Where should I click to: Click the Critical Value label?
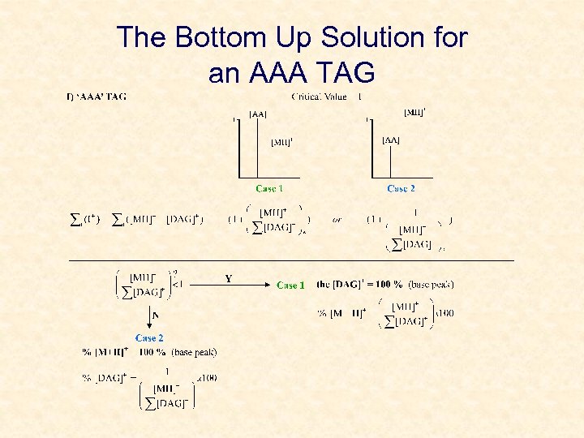coord(318,97)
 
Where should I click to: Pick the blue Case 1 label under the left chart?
coord(269,189)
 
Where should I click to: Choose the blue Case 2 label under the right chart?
coord(401,189)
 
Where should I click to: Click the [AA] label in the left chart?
coord(258,114)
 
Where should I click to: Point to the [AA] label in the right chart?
coord(390,140)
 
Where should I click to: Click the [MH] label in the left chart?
coord(281,142)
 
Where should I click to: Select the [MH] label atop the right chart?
coord(414,112)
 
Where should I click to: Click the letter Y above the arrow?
coord(228,278)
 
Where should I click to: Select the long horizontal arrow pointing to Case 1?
coord(235,286)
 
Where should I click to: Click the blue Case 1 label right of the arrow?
coord(290,286)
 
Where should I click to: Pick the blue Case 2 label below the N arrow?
coord(149,337)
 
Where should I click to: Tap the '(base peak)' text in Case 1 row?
coord(432,285)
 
